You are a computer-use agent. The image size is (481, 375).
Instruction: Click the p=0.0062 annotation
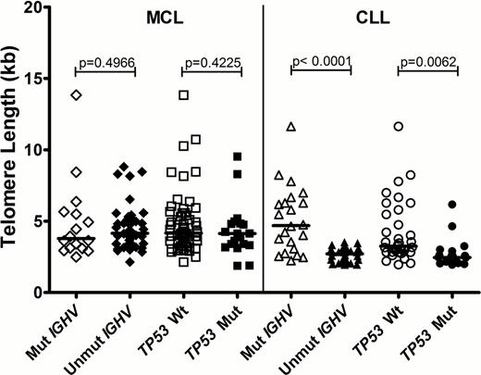pos(427,64)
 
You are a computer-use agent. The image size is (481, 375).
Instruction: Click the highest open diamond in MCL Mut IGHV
pos(77,95)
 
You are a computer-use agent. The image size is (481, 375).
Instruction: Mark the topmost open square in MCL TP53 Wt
pos(184,94)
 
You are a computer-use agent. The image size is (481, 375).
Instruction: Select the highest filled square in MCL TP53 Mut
pos(238,156)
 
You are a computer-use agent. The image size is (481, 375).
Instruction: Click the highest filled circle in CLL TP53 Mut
pos(452,205)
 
